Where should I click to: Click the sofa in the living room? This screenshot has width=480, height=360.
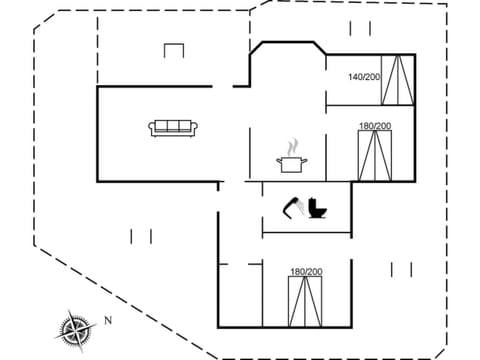[174, 127]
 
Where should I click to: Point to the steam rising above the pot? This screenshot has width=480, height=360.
[292, 146]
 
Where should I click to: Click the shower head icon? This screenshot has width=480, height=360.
[294, 205]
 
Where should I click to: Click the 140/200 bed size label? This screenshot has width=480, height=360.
[364, 76]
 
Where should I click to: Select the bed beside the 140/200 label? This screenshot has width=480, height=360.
[397, 80]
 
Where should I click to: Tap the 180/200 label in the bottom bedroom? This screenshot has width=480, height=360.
[306, 272]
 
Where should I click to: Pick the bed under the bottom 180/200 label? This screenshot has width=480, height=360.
[306, 302]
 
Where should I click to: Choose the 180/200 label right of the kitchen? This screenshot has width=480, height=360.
[375, 126]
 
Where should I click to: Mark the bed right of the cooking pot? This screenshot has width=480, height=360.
[375, 155]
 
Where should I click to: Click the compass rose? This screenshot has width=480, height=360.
[74, 328]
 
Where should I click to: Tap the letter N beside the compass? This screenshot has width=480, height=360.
[107, 321]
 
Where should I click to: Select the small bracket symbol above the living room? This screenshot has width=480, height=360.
[174, 49]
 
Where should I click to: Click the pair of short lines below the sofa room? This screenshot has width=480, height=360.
[141, 236]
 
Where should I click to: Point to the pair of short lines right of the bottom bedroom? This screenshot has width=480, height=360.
[402, 268]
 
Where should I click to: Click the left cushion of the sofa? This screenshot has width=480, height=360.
[161, 126]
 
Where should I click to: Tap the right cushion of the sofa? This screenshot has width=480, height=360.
[187, 126]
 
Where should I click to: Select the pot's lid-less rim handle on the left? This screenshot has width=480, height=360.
[279, 159]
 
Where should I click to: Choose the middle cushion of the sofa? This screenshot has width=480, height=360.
[174, 126]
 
